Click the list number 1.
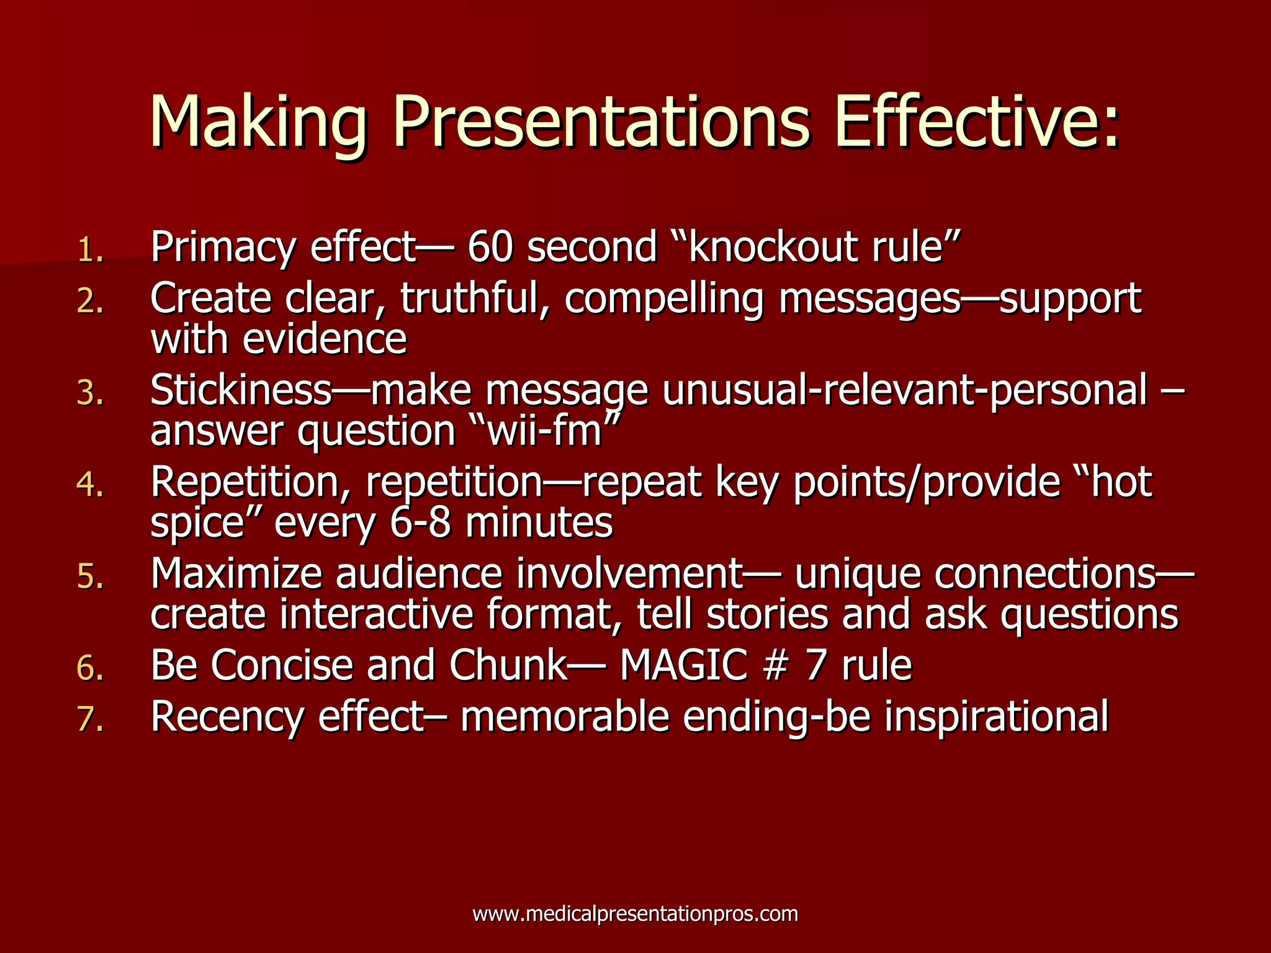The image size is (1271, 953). tap(90, 251)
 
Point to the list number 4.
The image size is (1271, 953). tap(90, 485)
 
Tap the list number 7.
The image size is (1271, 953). tap(90, 720)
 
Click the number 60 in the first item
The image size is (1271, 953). tap(490, 247)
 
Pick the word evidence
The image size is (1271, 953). tap(325, 339)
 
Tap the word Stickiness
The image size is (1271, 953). tap(241, 390)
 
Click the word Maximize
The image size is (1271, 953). tap(236, 573)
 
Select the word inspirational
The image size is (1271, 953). tap(996, 717)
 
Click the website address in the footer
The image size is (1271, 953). tap(635, 913)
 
